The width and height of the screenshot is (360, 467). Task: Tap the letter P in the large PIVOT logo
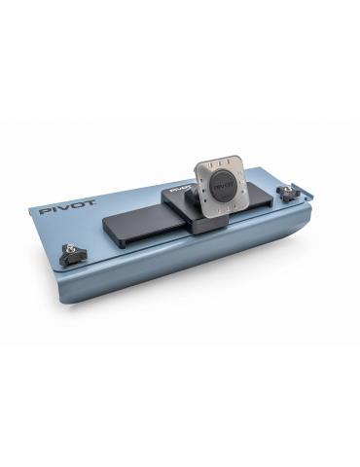44,209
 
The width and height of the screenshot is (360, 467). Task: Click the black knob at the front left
73,255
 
